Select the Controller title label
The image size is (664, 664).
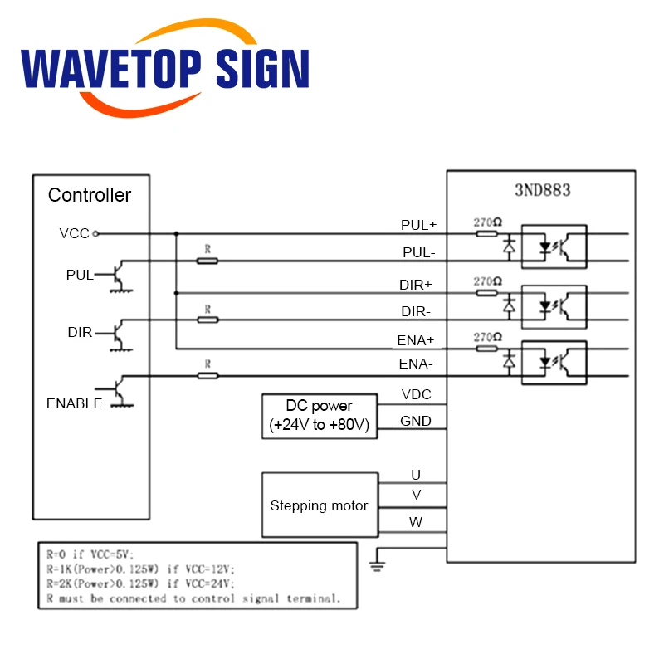[90, 196]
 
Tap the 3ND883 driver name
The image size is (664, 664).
[543, 189]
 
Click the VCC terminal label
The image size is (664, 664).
[74, 234]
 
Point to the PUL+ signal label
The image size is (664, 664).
[418, 225]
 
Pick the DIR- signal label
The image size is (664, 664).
[416, 311]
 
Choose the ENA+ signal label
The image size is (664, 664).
[416, 340]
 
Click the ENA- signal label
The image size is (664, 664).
[416, 364]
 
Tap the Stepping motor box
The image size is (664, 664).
[320, 505]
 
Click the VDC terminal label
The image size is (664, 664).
[416, 395]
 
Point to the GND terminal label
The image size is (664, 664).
[416, 421]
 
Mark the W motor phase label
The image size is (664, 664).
[416, 523]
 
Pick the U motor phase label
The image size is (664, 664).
[416, 475]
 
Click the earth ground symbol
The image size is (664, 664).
[378, 564]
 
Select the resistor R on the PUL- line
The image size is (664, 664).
[207, 261]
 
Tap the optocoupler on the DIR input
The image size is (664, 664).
[554, 304]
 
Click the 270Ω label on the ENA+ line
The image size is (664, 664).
[487, 337]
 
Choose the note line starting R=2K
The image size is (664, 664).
[138, 583]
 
